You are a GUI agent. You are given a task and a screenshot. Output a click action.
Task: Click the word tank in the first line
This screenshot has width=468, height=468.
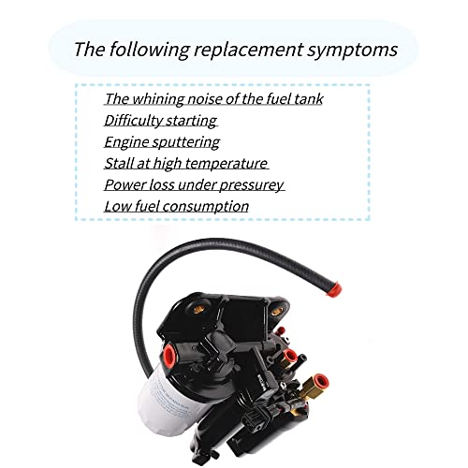[305, 98]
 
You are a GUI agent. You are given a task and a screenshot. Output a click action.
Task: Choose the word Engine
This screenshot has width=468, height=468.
[126, 141]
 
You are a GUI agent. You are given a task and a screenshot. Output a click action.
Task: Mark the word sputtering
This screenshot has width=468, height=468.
[186, 141]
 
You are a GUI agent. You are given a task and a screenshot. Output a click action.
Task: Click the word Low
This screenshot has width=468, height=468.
[117, 206]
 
